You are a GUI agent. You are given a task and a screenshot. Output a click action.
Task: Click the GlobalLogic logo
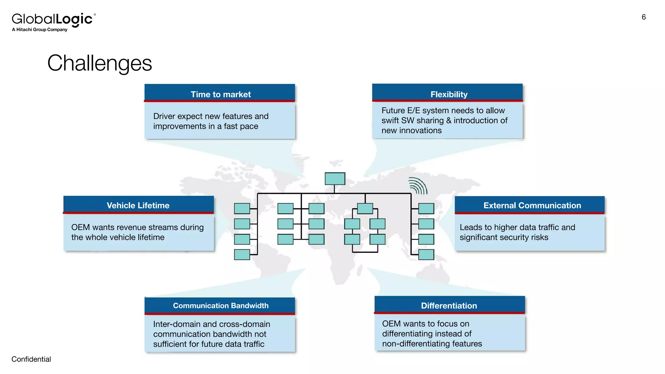tap(54, 19)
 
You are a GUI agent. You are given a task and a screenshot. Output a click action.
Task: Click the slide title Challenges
tap(99, 63)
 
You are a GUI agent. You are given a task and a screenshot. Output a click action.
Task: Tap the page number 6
tap(644, 17)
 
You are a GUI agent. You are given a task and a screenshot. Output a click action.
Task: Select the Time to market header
tap(220, 94)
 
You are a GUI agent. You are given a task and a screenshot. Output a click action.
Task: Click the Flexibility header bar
tap(448, 94)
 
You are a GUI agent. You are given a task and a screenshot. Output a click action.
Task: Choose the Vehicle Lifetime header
tap(138, 205)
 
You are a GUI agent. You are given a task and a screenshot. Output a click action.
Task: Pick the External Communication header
tap(532, 205)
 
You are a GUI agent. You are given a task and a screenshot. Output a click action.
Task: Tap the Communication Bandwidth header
tap(220, 305)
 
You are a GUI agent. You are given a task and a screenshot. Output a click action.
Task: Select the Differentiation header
tap(449, 305)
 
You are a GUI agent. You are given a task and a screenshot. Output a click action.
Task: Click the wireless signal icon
tap(418, 186)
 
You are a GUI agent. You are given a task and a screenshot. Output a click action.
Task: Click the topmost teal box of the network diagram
tap(335, 179)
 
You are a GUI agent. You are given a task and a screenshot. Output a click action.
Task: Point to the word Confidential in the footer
tap(31, 359)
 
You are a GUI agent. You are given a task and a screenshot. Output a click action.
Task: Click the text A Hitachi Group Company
tap(40, 30)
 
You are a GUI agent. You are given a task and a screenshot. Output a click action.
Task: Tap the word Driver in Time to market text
tap(164, 116)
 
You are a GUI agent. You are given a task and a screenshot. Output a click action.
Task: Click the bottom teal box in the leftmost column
tap(242, 255)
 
